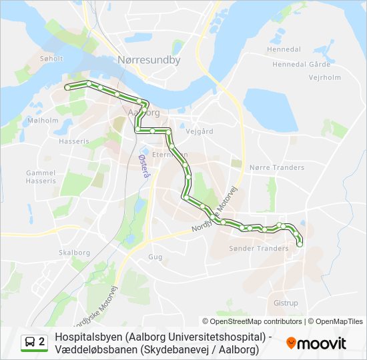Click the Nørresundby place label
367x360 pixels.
click(x=149, y=60)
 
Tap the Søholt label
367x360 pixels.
click(x=51, y=59)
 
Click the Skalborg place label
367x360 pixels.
click(x=74, y=253)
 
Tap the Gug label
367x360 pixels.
click(x=155, y=257)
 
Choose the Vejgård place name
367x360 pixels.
click(x=200, y=131)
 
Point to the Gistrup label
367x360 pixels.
click(x=286, y=303)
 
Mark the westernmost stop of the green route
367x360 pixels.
click(x=67, y=87)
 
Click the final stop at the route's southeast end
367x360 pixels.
click(x=299, y=245)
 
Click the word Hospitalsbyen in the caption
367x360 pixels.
click(x=88, y=337)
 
